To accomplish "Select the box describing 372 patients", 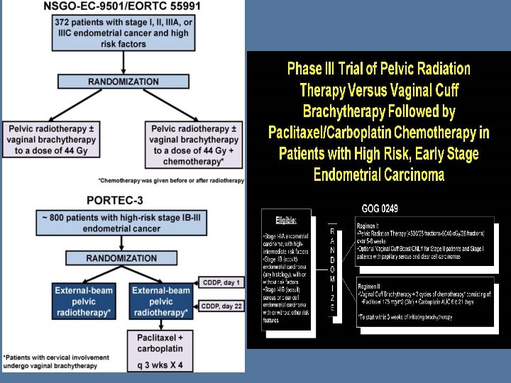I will coord(123,33).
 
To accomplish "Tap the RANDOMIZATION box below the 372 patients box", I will coord(123,82).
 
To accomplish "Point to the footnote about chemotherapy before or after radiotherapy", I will coord(171,180).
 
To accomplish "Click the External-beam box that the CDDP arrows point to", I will coord(162,301).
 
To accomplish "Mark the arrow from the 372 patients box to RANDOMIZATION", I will coord(123,62).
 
